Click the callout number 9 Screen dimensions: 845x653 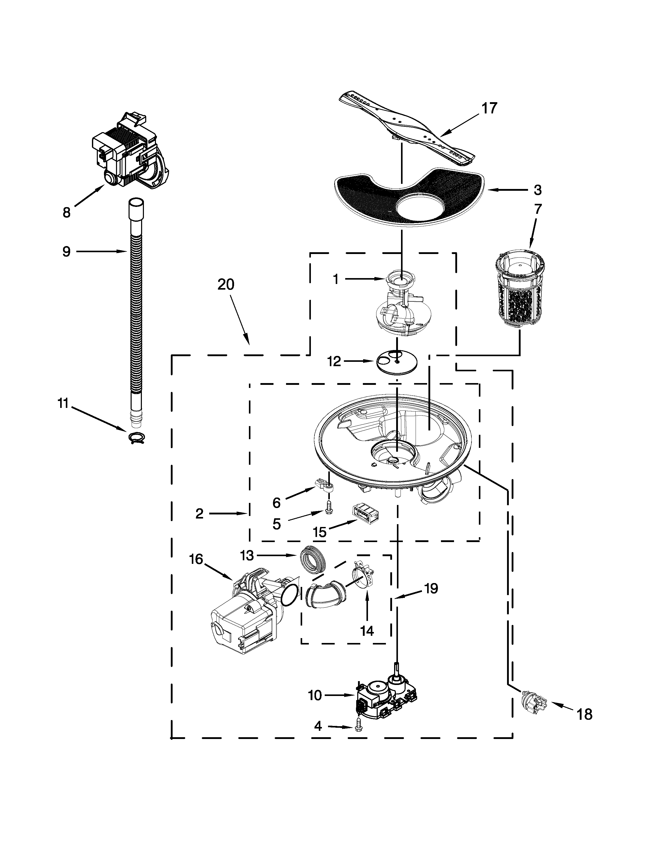pos(67,252)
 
